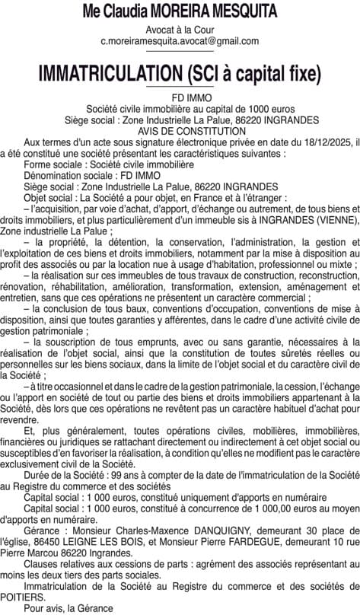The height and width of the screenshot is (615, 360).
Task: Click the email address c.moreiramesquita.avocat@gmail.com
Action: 180,41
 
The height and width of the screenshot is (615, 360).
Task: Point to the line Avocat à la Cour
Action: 180,30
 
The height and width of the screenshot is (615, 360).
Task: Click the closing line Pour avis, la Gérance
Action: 68,609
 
